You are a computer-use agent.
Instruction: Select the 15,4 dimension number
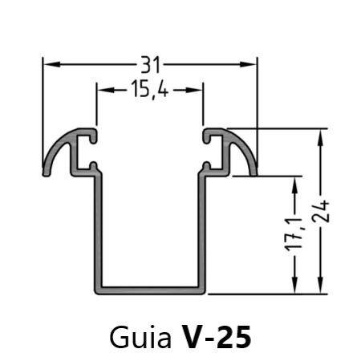coord(148,91)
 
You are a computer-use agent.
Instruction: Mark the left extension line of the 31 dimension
coord(43,112)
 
